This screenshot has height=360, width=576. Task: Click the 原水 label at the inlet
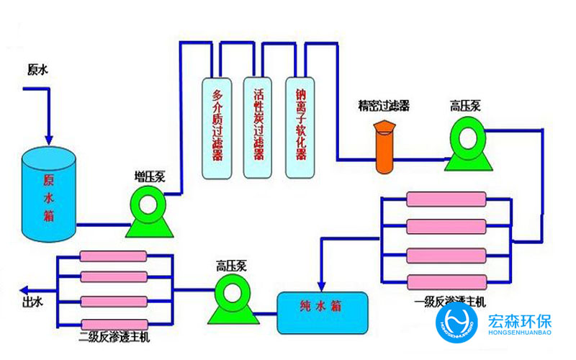pyautogui.click(x=37, y=70)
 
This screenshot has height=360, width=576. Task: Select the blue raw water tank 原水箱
pyautogui.click(x=48, y=191)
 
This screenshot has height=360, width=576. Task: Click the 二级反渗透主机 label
pyautogui.click(x=116, y=337)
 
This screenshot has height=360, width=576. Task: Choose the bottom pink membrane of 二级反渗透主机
pyautogui.click(x=113, y=323)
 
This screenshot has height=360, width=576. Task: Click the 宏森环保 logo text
pyautogui.click(x=523, y=319)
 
